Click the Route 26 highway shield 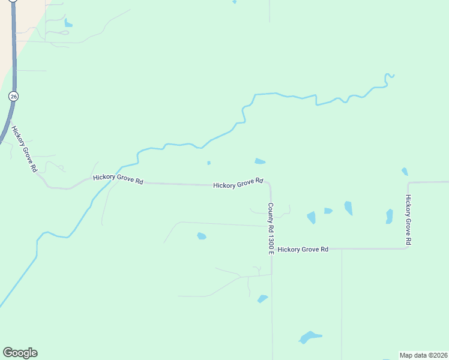click(13, 96)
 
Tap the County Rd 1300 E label click(271, 228)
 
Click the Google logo click(20, 353)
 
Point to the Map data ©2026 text click(423, 355)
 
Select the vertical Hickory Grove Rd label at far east click(408, 220)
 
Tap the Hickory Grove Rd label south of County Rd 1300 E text click(303, 249)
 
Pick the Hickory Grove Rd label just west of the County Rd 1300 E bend click(238, 183)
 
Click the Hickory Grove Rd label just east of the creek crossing click(118, 179)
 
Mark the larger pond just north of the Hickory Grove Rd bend click(260, 161)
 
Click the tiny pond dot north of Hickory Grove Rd click(208, 163)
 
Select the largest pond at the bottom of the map click(309, 337)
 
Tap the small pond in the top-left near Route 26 click(68, 24)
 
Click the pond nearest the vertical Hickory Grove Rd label click(390, 216)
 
